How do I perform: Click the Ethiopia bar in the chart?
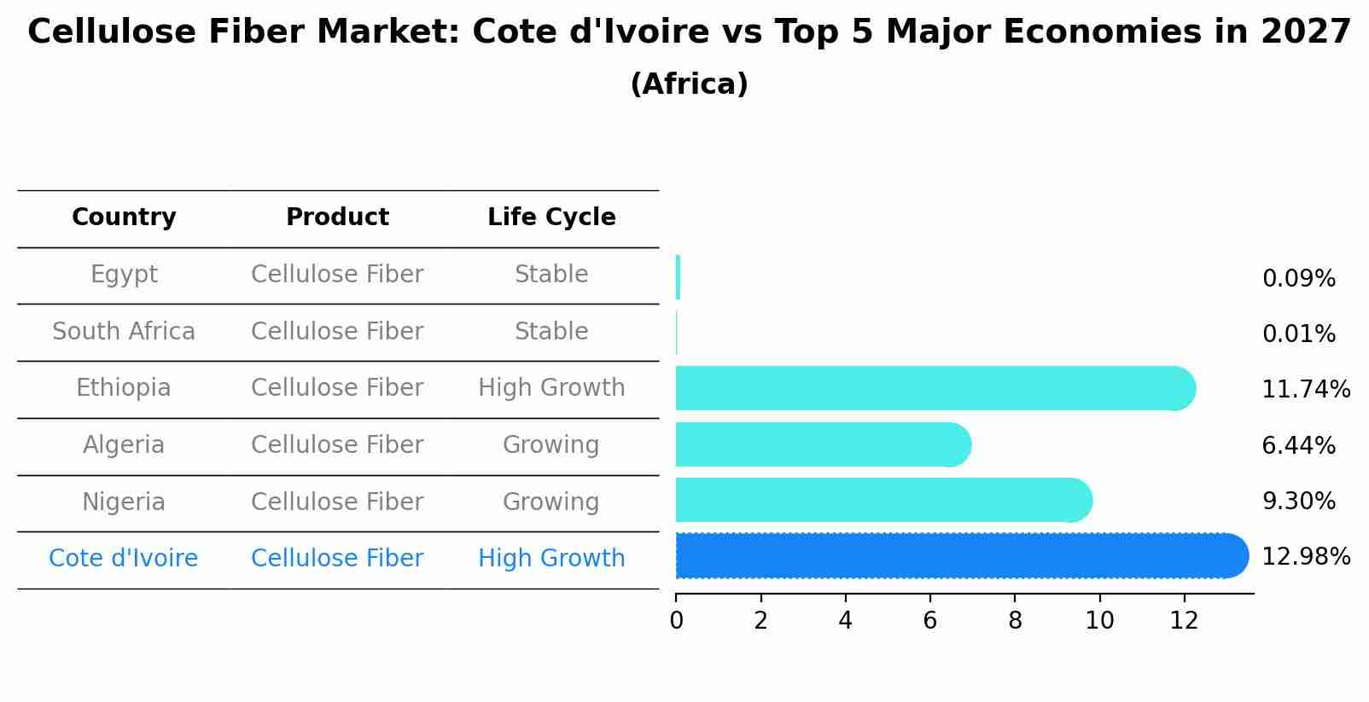[935, 388]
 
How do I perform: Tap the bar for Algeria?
[823, 444]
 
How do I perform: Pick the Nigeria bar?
[883, 500]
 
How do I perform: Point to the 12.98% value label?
[1305, 557]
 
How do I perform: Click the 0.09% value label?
[1298, 279]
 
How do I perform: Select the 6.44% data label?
[1298, 445]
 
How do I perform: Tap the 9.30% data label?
[1298, 502]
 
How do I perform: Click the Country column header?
[124, 218]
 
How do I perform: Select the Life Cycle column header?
[551, 218]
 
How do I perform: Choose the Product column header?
[337, 218]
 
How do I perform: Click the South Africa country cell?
[124, 331]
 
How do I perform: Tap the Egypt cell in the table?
[124, 275]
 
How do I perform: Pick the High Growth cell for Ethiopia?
[551, 388]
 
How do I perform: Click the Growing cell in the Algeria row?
[551, 445]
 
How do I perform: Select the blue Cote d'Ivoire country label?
[124, 559]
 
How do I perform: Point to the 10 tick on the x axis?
[1099, 621]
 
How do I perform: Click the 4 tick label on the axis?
[845, 621]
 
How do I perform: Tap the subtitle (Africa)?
[689, 84]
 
